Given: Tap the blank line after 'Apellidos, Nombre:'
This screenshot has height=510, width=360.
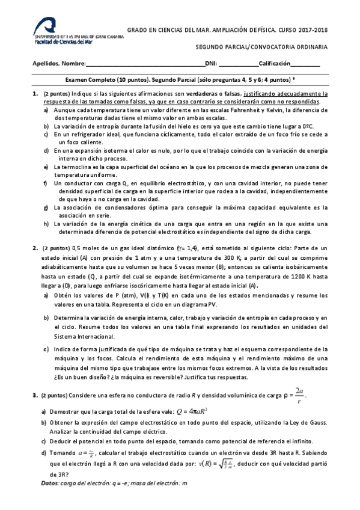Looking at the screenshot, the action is pyautogui.click(x=144, y=64).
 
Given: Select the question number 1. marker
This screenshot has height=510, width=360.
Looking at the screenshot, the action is pyautogui.click(x=34, y=94).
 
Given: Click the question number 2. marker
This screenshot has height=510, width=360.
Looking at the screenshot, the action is pyautogui.click(x=34, y=248).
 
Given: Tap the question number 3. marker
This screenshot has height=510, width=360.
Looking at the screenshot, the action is pyautogui.click(x=34, y=395).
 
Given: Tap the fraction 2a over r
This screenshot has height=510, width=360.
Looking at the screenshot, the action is pyautogui.click(x=299, y=395).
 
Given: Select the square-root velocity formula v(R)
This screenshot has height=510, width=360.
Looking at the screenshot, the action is pyautogui.click(x=219, y=464).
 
